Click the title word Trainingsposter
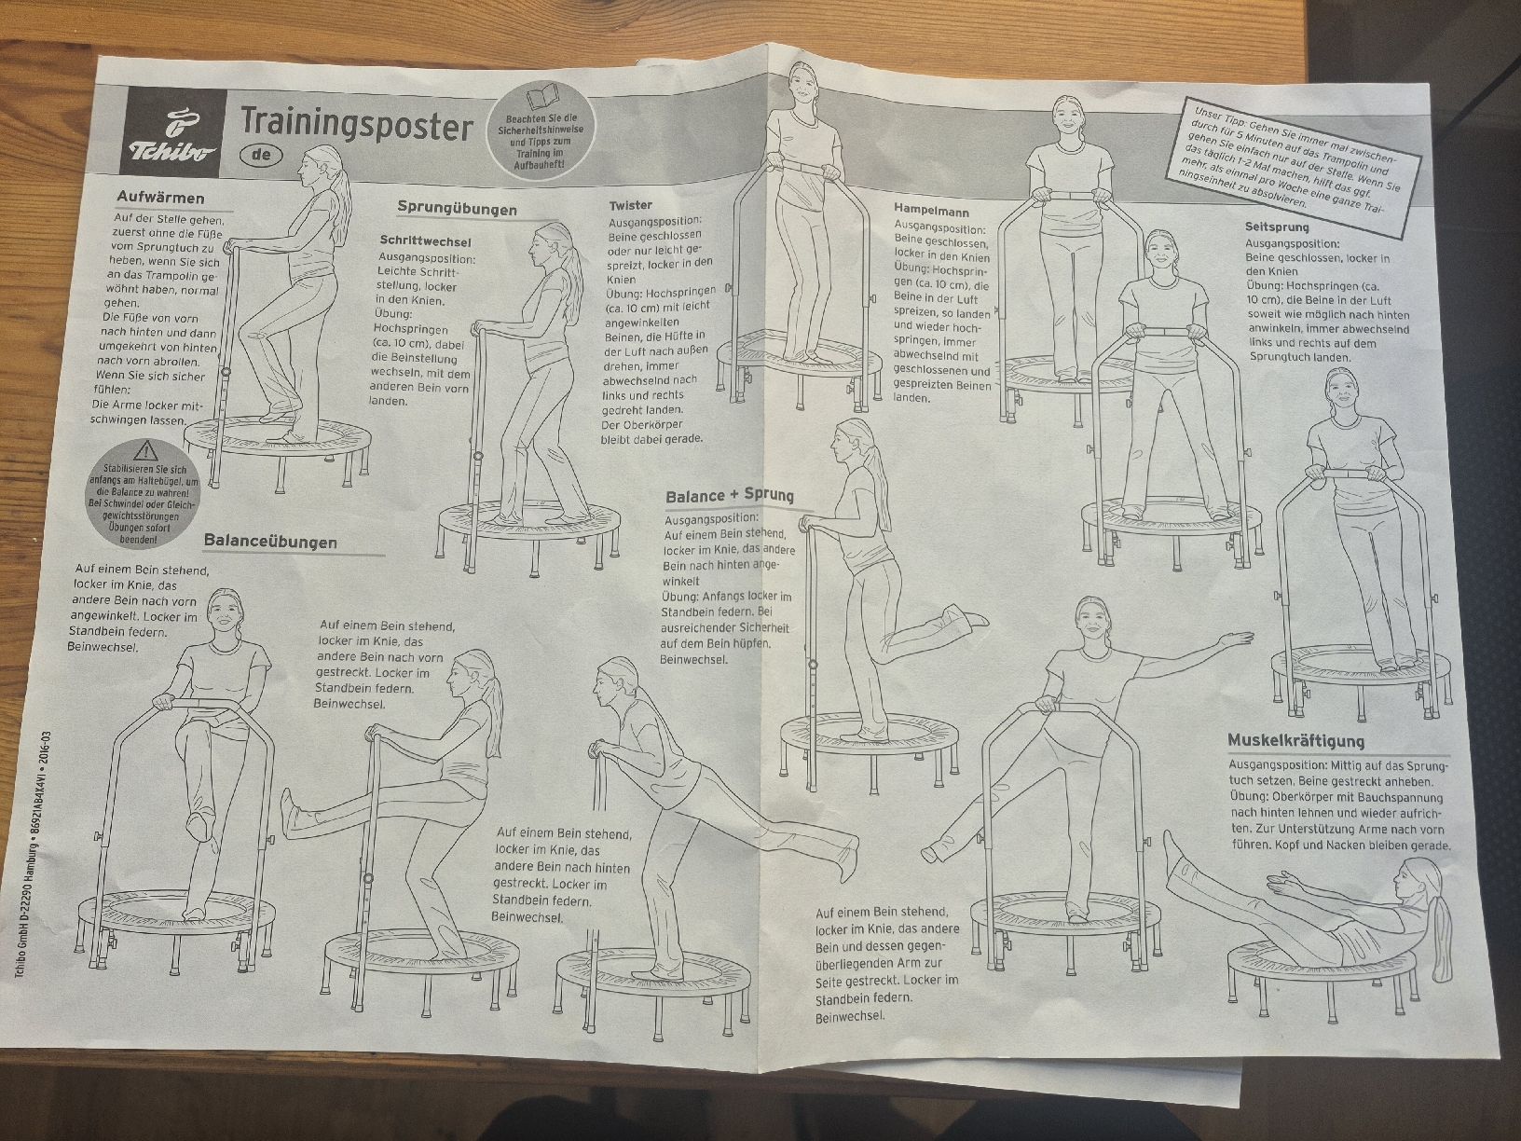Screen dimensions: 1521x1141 point(357,127)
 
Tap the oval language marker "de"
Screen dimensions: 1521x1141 point(262,155)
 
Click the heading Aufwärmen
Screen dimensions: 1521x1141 point(160,199)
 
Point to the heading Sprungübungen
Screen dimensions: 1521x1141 point(457,208)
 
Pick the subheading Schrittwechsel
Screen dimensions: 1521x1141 point(425,241)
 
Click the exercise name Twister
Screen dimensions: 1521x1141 point(630,206)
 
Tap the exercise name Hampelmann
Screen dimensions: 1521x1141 point(931,211)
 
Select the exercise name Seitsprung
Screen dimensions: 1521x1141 point(1277,227)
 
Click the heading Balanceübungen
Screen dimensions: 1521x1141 point(270,542)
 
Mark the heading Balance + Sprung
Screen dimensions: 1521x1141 point(730,496)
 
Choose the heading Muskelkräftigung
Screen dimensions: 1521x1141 point(1295,740)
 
